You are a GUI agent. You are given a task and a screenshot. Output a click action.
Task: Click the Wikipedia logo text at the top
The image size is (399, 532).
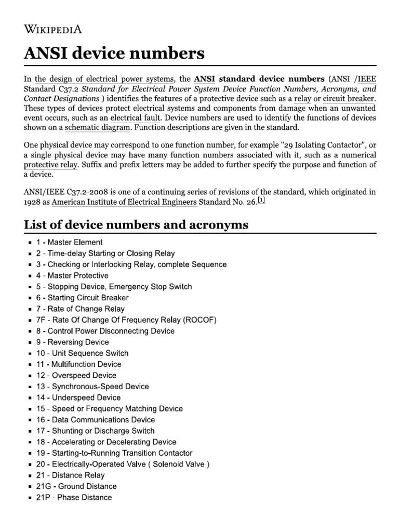pyautogui.click(x=54, y=29)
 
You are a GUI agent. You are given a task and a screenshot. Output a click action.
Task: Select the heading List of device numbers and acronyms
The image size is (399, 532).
pyautogui.click(x=136, y=224)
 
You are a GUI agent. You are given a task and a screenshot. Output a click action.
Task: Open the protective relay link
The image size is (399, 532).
pyautogui.click(x=50, y=165)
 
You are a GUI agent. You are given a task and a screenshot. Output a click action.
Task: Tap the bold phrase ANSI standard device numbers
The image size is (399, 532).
pyautogui.click(x=259, y=79)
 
